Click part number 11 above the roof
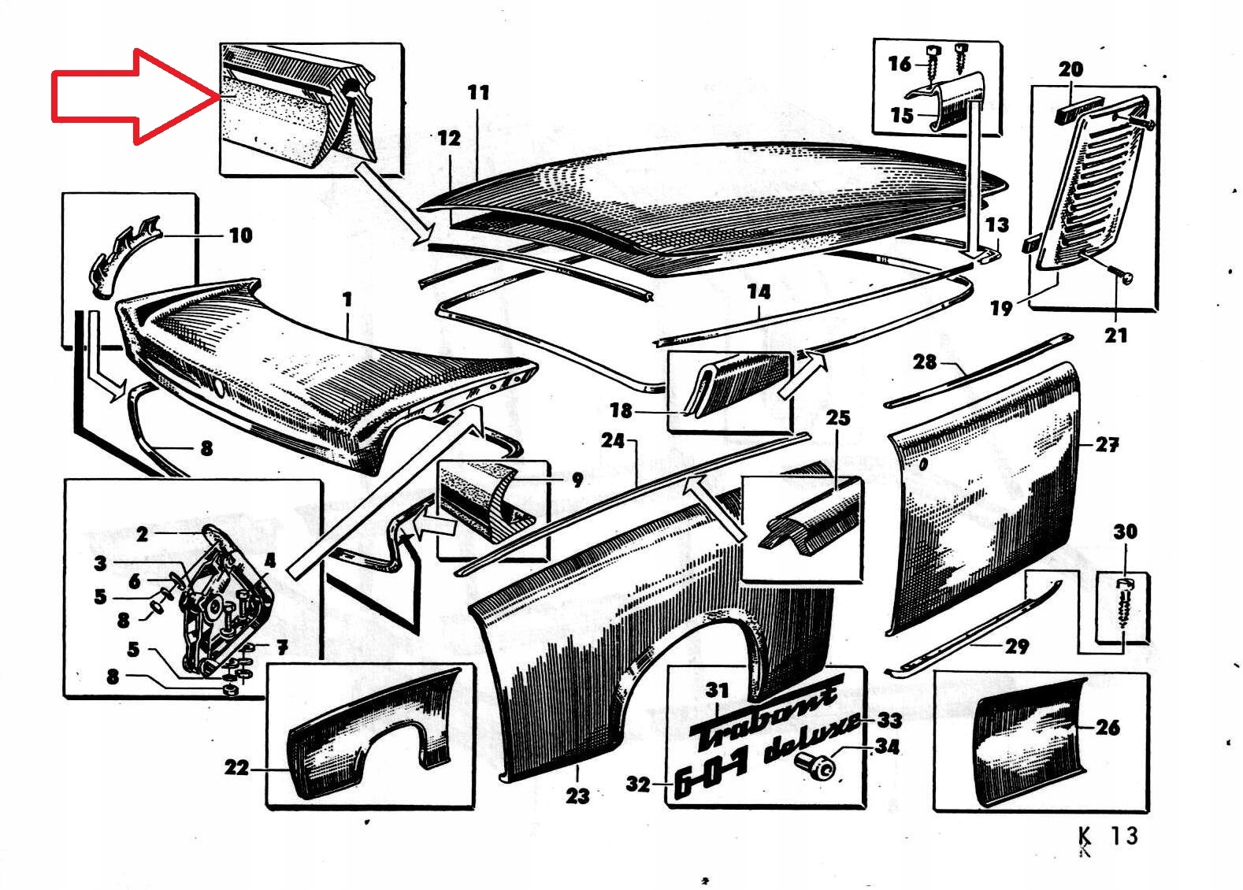pos(478,93)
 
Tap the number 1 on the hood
pos(347,300)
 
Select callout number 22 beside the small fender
pos(236,767)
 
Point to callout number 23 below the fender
pos(577,795)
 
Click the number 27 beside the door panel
pos(1107,445)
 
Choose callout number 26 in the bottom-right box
pos(1107,727)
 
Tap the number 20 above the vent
pos(1070,69)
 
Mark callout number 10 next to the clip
pos(240,235)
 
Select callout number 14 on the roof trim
pos(759,292)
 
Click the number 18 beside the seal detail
pos(621,410)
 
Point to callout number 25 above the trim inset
pos(837,417)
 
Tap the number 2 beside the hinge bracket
pos(142,535)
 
